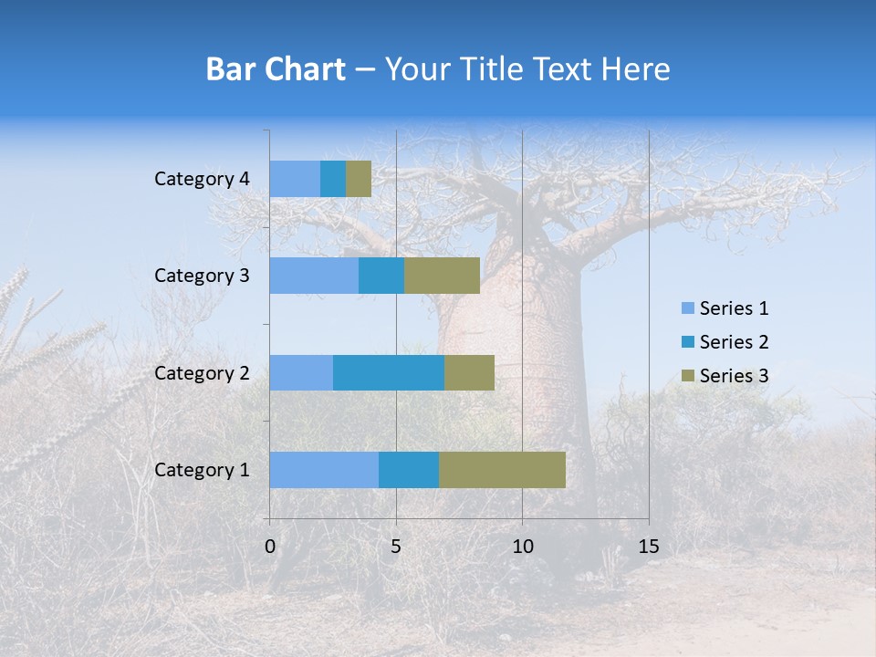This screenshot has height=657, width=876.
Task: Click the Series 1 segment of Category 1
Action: click(x=324, y=470)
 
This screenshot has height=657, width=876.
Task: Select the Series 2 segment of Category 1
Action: click(x=409, y=470)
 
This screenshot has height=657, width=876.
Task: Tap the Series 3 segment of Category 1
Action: click(x=502, y=470)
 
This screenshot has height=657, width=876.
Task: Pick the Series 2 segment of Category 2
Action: click(x=389, y=372)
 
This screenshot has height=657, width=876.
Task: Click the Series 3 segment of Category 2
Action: click(x=469, y=372)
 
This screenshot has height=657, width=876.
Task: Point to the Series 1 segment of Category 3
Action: click(x=314, y=276)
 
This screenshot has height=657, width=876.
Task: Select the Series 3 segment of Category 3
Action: click(x=442, y=276)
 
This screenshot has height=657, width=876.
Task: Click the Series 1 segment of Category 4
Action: click(x=295, y=179)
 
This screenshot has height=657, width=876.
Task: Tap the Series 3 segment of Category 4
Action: click(x=359, y=179)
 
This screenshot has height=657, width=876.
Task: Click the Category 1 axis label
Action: click(x=202, y=470)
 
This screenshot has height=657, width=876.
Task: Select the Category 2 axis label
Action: click(x=202, y=373)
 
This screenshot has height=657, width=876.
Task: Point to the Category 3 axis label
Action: click(x=202, y=276)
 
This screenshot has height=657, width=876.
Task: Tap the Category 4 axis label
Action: click(x=202, y=179)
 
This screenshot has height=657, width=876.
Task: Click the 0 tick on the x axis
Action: click(x=270, y=547)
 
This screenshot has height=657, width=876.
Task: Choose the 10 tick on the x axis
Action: click(x=522, y=547)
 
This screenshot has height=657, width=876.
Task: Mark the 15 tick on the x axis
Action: click(x=649, y=547)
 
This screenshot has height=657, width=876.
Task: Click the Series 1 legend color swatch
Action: click(x=687, y=308)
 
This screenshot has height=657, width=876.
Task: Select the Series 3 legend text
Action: click(x=734, y=376)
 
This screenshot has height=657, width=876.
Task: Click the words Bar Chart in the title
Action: click(x=276, y=69)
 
